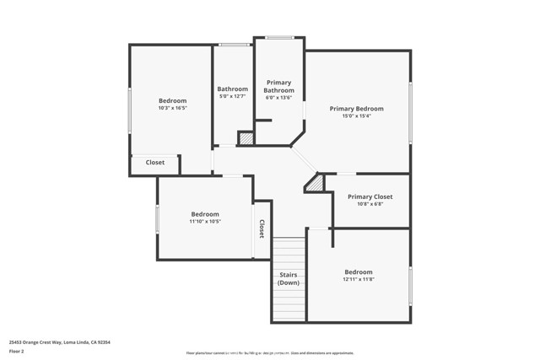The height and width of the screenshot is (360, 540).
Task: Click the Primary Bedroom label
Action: (x=356, y=109)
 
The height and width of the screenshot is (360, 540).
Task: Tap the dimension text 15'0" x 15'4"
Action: (x=356, y=116)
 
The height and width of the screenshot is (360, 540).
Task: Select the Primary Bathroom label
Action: (x=278, y=87)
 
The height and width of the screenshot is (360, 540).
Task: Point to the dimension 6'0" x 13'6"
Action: (x=278, y=98)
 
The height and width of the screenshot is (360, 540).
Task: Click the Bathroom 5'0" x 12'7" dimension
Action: (x=232, y=96)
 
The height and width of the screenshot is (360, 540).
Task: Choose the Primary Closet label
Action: (x=370, y=196)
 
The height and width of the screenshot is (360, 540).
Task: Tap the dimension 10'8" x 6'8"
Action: (x=370, y=204)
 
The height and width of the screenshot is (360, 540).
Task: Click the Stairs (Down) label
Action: (x=289, y=278)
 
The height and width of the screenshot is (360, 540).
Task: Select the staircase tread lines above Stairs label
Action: (x=289, y=253)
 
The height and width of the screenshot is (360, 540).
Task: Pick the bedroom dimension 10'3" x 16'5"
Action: (x=172, y=108)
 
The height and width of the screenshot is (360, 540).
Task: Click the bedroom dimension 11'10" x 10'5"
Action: (x=204, y=222)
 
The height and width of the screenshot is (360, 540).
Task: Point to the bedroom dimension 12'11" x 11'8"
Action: (x=358, y=280)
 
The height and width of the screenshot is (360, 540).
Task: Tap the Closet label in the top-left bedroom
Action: (x=155, y=163)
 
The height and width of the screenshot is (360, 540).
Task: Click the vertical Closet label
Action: (x=262, y=228)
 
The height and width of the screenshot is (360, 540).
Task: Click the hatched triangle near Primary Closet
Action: (x=315, y=183)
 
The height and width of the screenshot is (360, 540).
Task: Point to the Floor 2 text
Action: (x=17, y=352)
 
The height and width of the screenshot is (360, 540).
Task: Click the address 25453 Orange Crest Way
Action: (x=59, y=342)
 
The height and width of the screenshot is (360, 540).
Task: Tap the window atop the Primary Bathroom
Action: (x=279, y=37)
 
